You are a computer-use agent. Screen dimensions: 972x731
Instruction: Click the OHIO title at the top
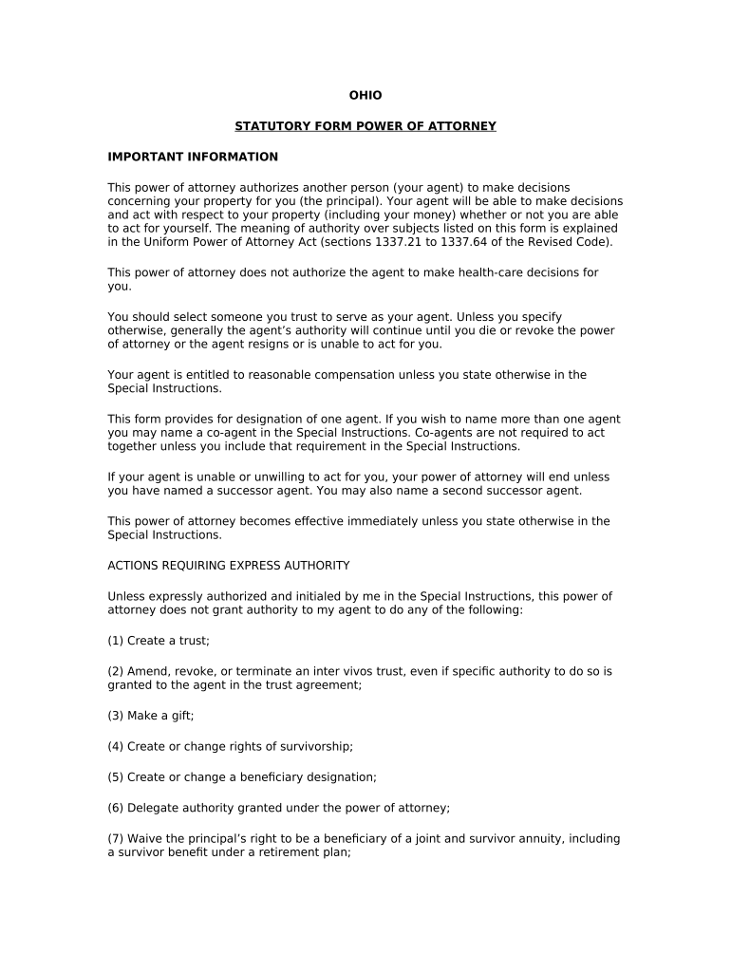365,96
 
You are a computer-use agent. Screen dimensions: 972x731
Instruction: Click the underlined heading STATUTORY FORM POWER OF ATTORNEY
365,126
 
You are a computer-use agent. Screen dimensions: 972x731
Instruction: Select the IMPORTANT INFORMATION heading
193,157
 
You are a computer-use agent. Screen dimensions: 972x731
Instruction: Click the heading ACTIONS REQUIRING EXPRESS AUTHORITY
229,566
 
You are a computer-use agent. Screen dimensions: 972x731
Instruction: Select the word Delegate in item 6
153,809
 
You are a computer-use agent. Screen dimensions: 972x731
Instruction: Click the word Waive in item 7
144,839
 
